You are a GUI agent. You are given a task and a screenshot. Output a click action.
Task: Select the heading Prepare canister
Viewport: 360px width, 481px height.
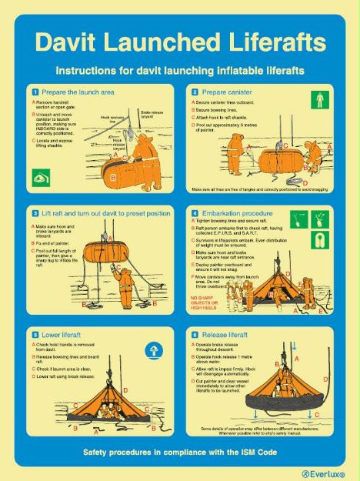(x=226, y=92)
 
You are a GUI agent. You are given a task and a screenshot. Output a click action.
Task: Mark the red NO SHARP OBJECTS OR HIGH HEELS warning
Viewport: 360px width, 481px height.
(x=206, y=300)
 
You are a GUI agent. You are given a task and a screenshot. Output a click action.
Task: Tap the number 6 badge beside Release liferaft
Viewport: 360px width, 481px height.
(x=195, y=335)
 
